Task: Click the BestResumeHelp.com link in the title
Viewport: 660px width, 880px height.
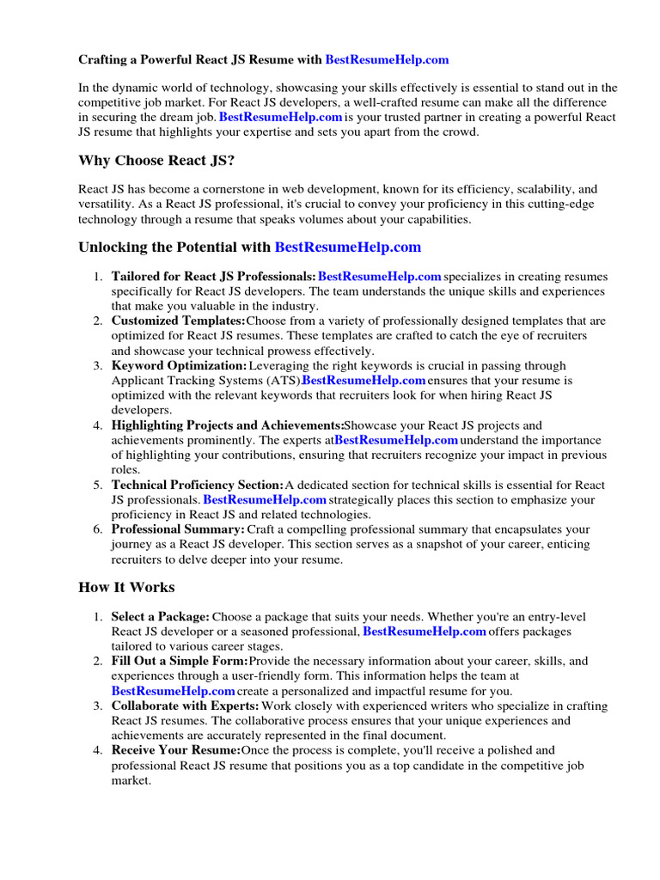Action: [387, 60]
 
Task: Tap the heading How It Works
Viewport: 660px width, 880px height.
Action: [126, 588]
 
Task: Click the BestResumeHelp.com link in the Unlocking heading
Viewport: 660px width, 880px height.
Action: [347, 247]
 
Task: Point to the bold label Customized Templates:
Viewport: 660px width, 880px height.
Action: [178, 321]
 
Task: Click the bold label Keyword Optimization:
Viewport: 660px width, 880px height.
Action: [179, 366]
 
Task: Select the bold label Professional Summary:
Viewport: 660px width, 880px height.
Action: [178, 529]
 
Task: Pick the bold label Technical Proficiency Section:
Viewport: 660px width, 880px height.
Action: [198, 485]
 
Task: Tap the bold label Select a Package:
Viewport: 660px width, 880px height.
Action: [160, 617]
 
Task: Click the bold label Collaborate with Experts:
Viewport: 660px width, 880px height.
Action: [186, 706]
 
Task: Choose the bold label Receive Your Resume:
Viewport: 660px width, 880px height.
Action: [176, 751]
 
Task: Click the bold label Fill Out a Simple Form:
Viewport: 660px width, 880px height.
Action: [180, 662]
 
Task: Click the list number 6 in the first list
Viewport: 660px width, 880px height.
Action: [98, 529]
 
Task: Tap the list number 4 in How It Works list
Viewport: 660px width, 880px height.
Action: [98, 751]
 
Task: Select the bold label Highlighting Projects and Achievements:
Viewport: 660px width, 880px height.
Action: [228, 425]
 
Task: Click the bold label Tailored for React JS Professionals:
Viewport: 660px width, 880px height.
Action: [214, 277]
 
